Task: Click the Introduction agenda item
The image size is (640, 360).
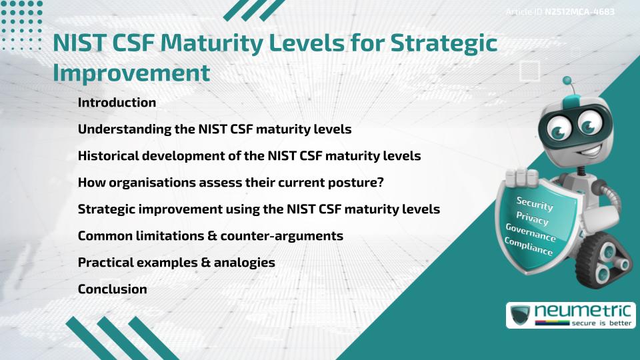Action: (x=117, y=103)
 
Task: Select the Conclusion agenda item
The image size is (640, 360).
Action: (x=112, y=289)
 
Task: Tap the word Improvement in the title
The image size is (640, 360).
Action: (x=131, y=72)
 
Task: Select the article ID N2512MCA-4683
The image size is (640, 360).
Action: (x=579, y=12)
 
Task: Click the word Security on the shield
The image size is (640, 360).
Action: (x=534, y=203)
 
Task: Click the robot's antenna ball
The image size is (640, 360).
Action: (x=567, y=81)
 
